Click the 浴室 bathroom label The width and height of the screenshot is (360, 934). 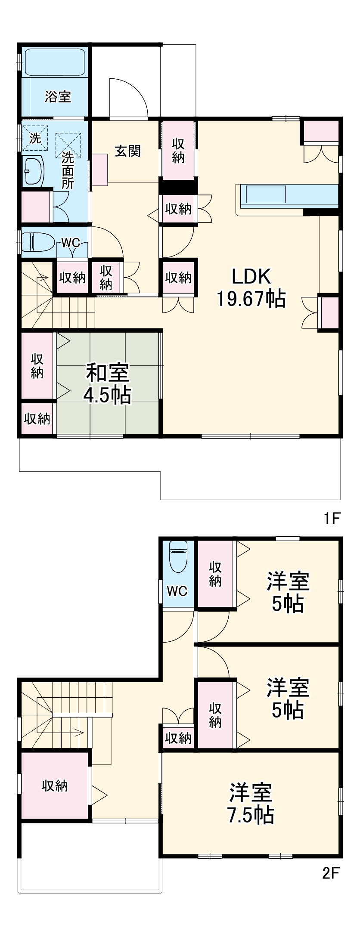[58, 97]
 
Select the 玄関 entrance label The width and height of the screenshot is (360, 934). [128, 151]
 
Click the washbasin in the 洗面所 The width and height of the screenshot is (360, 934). [34, 170]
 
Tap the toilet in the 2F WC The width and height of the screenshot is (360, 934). [178, 557]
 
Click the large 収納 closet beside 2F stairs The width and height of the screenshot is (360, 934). [55, 786]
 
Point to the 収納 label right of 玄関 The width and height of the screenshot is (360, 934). [178, 151]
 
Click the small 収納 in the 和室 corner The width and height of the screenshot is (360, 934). [37, 418]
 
